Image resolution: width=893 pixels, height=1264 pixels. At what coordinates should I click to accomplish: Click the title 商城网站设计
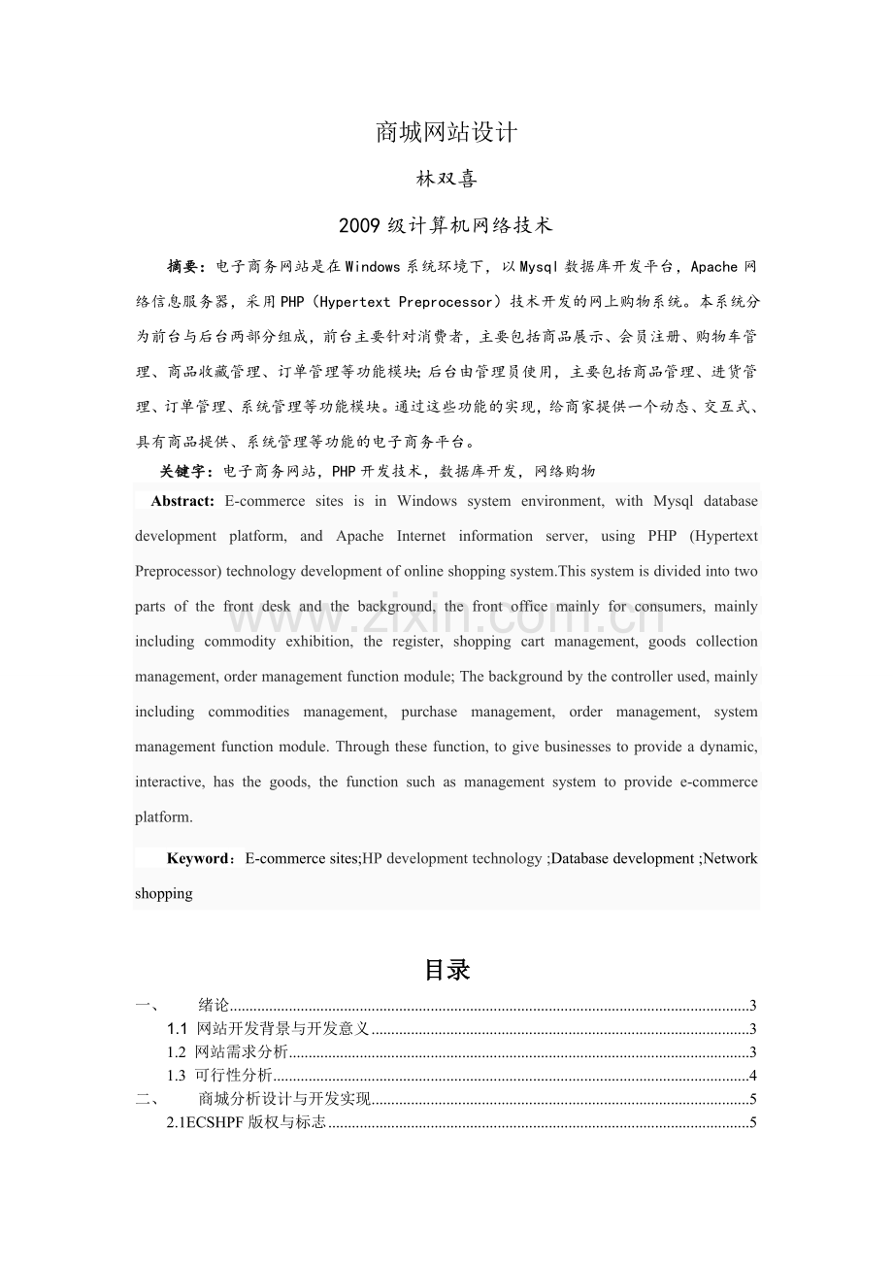click(x=446, y=133)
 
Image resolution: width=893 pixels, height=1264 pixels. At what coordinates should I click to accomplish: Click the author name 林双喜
click(x=446, y=181)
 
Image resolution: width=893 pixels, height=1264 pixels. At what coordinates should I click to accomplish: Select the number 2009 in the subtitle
click(x=360, y=226)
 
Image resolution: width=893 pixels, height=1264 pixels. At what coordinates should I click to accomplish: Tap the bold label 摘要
click(x=185, y=266)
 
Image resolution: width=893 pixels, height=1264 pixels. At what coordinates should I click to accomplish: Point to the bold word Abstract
click(x=182, y=501)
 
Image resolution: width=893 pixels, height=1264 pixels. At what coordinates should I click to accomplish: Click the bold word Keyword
click(x=198, y=858)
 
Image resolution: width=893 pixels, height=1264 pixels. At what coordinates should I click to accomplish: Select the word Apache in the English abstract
click(x=359, y=536)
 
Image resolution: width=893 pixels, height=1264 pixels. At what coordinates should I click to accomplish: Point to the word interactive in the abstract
click(x=169, y=782)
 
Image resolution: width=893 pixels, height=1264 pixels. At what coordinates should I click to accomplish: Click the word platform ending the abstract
click(x=162, y=816)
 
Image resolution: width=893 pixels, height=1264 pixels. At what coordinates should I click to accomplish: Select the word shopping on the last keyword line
click(x=163, y=893)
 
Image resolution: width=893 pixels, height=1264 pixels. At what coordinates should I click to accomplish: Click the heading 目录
click(x=446, y=970)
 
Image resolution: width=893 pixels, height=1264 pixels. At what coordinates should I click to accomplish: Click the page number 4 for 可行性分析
click(x=753, y=1076)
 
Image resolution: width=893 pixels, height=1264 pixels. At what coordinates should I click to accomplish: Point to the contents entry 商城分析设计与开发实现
click(x=284, y=1100)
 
